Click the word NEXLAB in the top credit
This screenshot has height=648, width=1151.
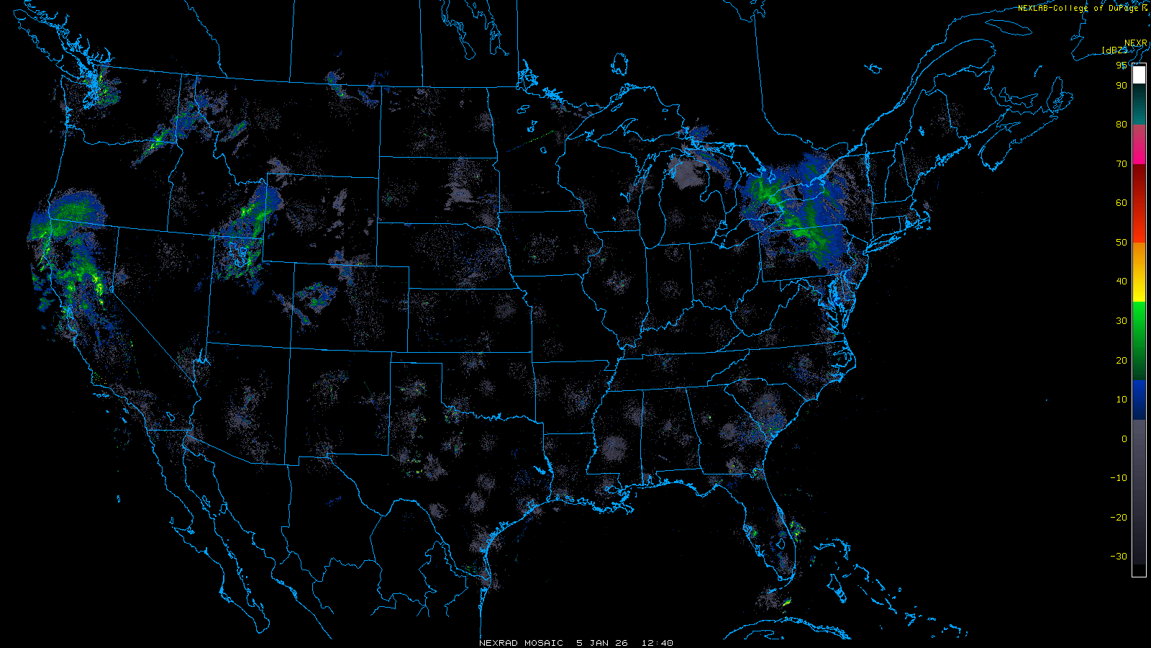(x=1033, y=8)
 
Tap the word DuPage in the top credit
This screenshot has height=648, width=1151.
(x=1123, y=8)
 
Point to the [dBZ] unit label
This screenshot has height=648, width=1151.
(x=1114, y=50)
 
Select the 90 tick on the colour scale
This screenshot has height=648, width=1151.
(x=1122, y=86)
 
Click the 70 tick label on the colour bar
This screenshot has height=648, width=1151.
(x=1122, y=164)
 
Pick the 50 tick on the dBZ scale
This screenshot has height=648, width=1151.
(x=1122, y=243)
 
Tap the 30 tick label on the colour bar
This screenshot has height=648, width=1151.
(x=1122, y=321)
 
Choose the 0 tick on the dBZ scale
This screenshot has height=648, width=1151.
(x=1124, y=438)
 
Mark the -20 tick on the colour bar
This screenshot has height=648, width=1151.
(x=1119, y=518)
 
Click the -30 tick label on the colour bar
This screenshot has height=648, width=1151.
(x=1119, y=557)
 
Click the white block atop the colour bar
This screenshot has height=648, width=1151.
(x=1139, y=75)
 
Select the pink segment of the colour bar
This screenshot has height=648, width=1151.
(x=1139, y=144)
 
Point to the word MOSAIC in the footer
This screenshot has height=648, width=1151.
(x=544, y=643)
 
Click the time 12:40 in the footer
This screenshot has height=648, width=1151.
(x=657, y=643)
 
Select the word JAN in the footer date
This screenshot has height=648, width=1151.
(x=599, y=643)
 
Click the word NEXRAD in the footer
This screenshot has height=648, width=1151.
(x=499, y=643)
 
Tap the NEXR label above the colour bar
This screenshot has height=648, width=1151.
(x=1136, y=43)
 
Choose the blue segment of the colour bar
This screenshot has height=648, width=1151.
(x=1139, y=400)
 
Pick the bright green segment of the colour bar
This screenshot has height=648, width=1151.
(x=1139, y=320)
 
